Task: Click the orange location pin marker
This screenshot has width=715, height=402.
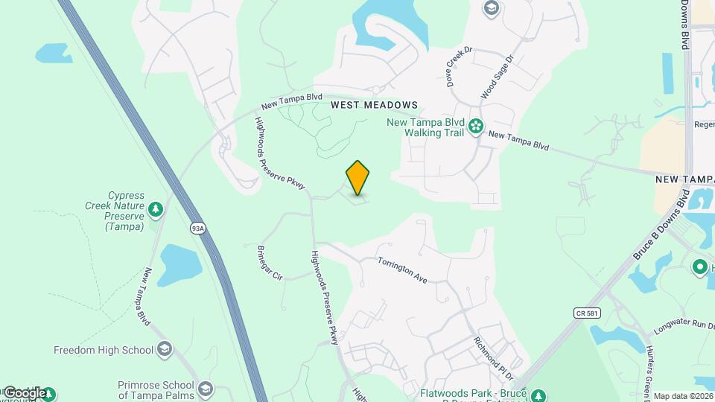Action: click(357, 177)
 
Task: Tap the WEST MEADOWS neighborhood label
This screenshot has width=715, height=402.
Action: click(375, 106)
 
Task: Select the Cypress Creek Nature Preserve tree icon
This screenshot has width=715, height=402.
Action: click(156, 210)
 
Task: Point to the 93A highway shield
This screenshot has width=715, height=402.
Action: click(197, 229)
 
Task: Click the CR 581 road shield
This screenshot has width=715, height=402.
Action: click(586, 313)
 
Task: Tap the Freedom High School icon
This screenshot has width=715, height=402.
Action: click(165, 349)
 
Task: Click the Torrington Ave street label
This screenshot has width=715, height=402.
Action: click(402, 269)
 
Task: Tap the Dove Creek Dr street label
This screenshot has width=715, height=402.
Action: click(460, 68)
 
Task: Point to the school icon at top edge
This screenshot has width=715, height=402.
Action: click(491, 8)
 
